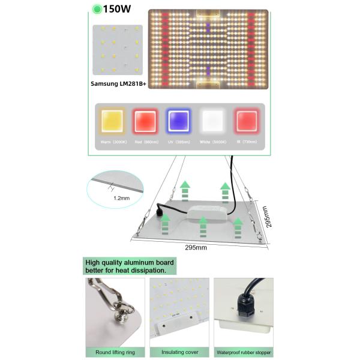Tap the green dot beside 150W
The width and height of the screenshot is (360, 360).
[95, 10]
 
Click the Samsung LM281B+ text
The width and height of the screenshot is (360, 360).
[118, 84]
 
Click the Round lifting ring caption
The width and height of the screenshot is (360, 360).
[115, 352]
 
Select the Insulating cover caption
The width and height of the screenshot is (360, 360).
[179, 352]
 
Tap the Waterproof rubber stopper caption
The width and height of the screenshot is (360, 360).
[244, 352]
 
